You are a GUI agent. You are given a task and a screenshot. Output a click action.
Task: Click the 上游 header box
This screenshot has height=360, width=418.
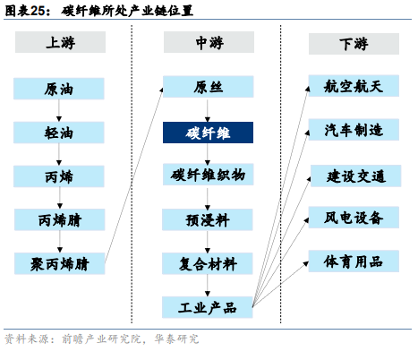pyautogui.click(x=60, y=42)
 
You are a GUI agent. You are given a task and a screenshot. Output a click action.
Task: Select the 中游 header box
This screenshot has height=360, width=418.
pyautogui.click(x=209, y=42)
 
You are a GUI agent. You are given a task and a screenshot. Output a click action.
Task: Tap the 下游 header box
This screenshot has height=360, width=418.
pyautogui.click(x=354, y=44)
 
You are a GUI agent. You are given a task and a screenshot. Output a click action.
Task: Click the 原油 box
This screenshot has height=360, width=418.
pyautogui.click(x=59, y=89)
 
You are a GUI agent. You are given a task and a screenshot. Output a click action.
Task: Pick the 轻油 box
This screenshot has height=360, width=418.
pyautogui.click(x=59, y=133)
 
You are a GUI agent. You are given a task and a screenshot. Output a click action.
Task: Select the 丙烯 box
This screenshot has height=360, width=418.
pyautogui.click(x=59, y=176)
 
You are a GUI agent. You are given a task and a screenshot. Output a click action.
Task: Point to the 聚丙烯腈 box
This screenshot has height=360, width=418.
pyautogui.click(x=60, y=263)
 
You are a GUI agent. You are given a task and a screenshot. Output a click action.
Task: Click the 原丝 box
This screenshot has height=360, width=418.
pyautogui.click(x=209, y=87)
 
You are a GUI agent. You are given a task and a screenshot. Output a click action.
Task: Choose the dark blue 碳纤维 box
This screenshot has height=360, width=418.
pyautogui.click(x=208, y=133)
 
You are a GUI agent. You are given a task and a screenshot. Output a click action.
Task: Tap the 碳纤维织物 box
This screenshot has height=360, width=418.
pyautogui.click(x=209, y=175)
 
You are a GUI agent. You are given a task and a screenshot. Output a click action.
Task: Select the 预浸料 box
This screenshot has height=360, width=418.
pyautogui.click(x=208, y=219)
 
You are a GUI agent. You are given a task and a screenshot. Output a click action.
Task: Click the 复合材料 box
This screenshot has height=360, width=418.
pyautogui.click(x=208, y=263)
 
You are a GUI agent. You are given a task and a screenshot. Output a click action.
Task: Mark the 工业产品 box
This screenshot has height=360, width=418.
pyautogui.click(x=208, y=307)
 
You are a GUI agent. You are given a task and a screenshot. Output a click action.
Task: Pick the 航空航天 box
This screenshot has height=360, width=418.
pyautogui.click(x=354, y=86)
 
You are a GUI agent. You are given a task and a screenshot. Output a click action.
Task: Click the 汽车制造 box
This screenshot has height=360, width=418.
pyautogui.click(x=354, y=130)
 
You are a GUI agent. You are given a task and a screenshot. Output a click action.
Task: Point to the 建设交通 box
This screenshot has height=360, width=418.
pyautogui.click(x=356, y=176)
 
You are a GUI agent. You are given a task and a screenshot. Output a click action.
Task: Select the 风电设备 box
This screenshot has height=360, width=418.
pyautogui.click(x=354, y=218)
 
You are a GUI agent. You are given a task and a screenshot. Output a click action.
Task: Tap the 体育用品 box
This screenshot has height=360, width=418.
pyautogui.click(x=354, y=261)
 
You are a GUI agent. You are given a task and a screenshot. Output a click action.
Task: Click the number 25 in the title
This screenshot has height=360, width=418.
pyautogui.click(x=38, y=11)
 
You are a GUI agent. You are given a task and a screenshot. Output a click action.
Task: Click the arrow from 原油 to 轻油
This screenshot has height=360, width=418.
pyautogui.click(x=59, y=110)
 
